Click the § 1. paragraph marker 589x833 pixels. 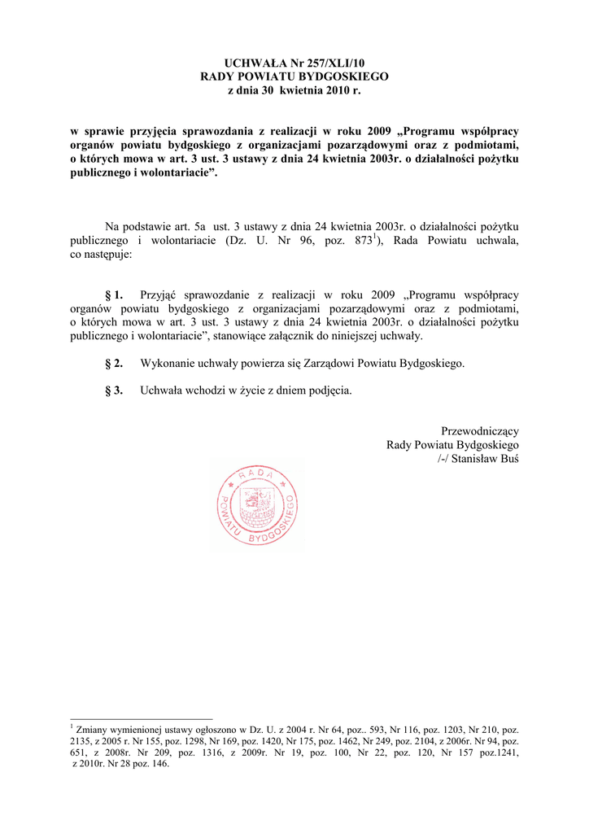(114, 294)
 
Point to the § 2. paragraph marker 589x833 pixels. (114, 363)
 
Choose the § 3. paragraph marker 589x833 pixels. (114, 390)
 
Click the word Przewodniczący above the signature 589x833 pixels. (480, 431)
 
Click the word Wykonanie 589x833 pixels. (169, 363)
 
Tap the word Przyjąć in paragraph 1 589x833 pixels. (160, 294)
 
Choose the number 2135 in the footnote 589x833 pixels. (83, 742)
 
